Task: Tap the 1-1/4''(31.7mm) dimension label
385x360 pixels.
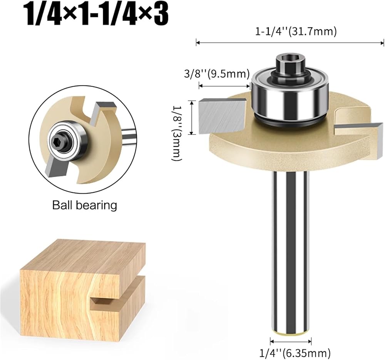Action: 296,32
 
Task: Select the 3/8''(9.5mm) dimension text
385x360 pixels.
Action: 217,74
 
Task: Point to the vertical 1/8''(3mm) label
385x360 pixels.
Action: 177,133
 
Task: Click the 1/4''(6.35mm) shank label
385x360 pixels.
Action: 295,353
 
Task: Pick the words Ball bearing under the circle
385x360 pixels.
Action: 85,205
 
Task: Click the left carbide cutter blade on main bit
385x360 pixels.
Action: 222,116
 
